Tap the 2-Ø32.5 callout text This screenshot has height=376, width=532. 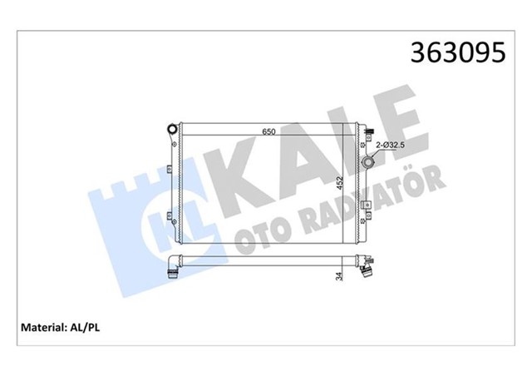tap(397, 146)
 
